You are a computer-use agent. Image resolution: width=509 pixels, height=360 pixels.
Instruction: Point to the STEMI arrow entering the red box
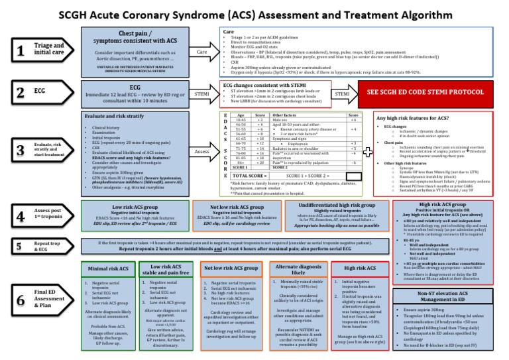(x=341, y=95)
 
